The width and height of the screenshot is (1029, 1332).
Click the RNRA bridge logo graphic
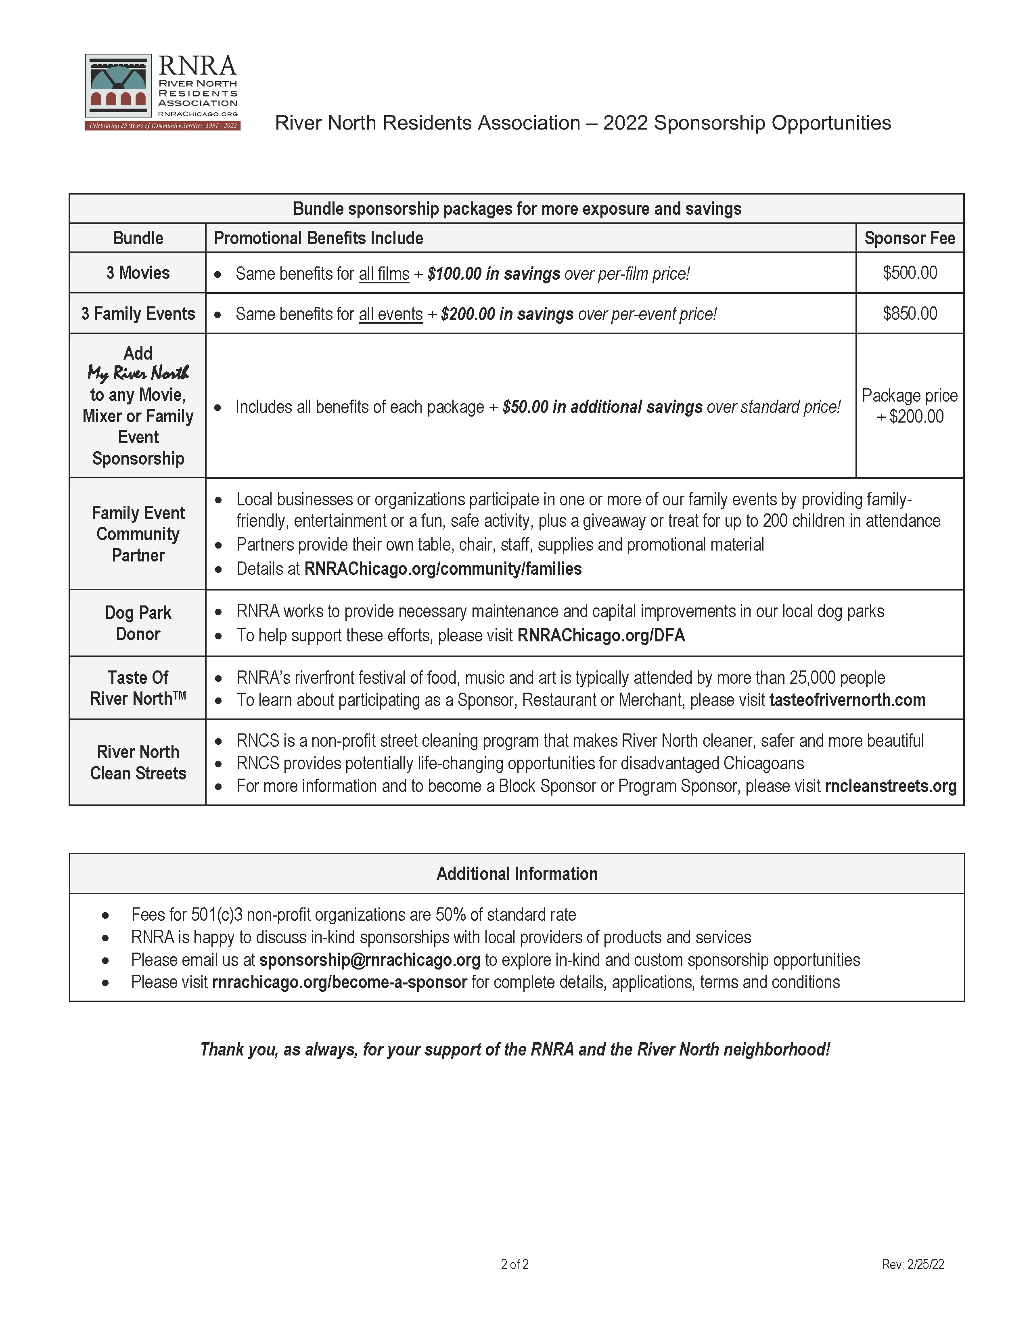click(118, 86)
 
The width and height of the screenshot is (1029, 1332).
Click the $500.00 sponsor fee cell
click(910, 272)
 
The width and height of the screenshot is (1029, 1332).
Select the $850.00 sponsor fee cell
click(910, 314)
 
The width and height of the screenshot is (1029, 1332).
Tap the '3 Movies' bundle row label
click(138, 272)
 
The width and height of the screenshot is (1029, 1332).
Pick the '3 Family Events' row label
click(138, 314)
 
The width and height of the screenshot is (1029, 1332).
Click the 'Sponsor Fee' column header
click(910, 238)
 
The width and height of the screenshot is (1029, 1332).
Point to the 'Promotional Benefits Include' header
click(318, 238)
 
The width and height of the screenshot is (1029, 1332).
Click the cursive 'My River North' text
click(138, 373)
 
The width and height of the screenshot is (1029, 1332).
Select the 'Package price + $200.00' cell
click(910, 406)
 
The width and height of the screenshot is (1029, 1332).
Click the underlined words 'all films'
click(384, 274)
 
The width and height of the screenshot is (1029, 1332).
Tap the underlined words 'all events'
click(391, 314)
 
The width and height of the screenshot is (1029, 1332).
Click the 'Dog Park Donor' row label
click(138, 623)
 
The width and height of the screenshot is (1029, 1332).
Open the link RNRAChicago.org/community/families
click(443, 569)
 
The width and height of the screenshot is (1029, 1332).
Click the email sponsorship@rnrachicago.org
click(369, 960)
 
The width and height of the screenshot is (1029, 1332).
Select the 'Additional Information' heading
click(517, 873)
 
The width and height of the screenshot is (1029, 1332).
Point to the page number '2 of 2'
click(514, 1264)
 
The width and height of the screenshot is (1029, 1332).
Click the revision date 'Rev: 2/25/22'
click(912, 1264)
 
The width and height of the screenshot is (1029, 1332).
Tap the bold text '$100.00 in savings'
click(494, 274)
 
